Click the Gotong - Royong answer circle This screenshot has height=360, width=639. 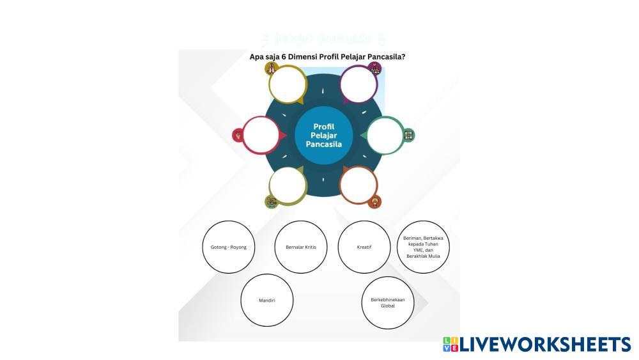(x=229, y=247)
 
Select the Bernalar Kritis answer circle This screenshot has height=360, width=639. (x=301, y=247)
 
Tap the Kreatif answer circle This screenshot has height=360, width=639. (x=364, y=247)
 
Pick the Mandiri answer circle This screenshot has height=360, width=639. (x=267, y=300)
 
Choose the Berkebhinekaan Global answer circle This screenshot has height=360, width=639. (x=388, y=302)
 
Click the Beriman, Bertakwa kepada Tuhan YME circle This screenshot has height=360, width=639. (x=423, y=247)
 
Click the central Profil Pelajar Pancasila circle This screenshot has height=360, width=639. (x=324, y=136)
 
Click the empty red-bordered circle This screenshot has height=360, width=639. (x=261, y=135)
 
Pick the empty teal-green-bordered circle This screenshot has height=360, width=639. (x=385, y=135)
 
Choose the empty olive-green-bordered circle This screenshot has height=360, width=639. (x=288, y=185)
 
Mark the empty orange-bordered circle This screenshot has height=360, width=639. (x=358, y=185)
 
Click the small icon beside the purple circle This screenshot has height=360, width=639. (x=375, y=68)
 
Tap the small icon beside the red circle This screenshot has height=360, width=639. (x=238, y=135)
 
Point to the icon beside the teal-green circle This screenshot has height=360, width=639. (x=409, y=135)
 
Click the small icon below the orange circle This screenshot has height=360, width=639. (x=376, y=202)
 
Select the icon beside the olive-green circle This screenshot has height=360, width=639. (x=271, y=202)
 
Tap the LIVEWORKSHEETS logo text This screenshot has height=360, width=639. (x=544, y=345)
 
